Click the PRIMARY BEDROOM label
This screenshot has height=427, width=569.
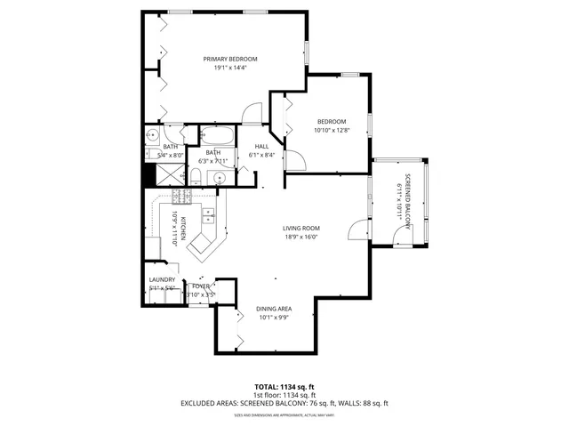point(224,60)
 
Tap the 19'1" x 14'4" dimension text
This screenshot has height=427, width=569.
point(224,68)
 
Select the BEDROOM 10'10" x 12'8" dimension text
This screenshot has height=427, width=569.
point(331,130)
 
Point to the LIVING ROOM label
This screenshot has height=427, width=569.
point(301,229)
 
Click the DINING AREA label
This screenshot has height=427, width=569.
point(275,309)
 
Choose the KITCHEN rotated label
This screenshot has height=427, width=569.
point(182,229)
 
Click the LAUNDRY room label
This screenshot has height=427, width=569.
point(162,280)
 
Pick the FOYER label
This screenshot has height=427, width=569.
point(200,286)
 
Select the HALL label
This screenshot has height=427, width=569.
point(261,147)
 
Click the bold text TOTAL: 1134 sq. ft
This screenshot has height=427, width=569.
point(284,387)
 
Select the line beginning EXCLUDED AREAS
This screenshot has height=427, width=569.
point(284,403)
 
